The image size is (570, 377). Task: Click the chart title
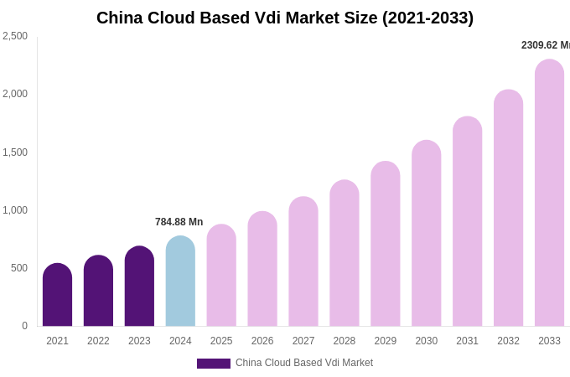(285, 18)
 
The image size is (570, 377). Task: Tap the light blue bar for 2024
(180, 281)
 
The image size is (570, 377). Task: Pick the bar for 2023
(139, 287)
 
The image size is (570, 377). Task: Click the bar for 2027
(303, 261)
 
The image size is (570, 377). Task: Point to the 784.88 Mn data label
(179, 222)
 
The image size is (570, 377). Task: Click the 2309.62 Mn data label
(545, 45)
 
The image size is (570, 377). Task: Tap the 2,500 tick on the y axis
(15, 36)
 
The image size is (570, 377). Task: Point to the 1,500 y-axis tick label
(15, 152)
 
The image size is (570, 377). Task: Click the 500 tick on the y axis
(18, 268)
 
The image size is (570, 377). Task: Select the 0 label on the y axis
(24, 326)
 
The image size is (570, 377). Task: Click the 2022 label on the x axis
(98, 341)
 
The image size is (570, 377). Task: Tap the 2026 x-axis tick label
(262, 341)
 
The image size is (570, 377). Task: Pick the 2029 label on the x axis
(386, 341)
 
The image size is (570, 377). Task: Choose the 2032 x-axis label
(508, 341)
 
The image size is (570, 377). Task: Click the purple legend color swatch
(214, 364)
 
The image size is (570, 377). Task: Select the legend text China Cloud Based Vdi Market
(304, 363)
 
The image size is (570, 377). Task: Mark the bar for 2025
(221, 276)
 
